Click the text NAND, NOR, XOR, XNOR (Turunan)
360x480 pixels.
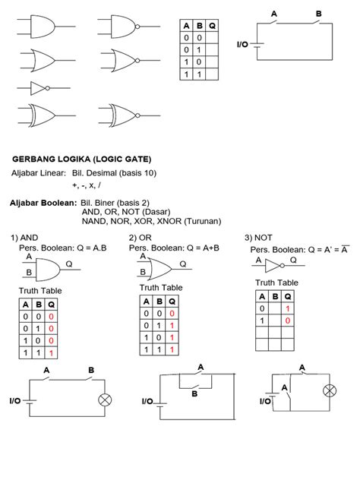coord(150,222)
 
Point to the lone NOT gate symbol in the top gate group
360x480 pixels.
coord(39,87)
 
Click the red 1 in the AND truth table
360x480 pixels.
coord(51,354)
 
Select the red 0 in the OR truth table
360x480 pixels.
coord(172,313)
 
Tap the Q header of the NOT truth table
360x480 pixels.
coord(287,296)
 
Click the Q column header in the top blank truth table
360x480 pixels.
coord(211,25)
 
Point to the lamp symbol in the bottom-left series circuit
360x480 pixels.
coord(105,400)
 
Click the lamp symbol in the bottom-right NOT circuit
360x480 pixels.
coord(329,391)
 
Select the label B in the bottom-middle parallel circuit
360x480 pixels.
coord(194,394)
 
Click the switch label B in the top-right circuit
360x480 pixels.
coord(318,13)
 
